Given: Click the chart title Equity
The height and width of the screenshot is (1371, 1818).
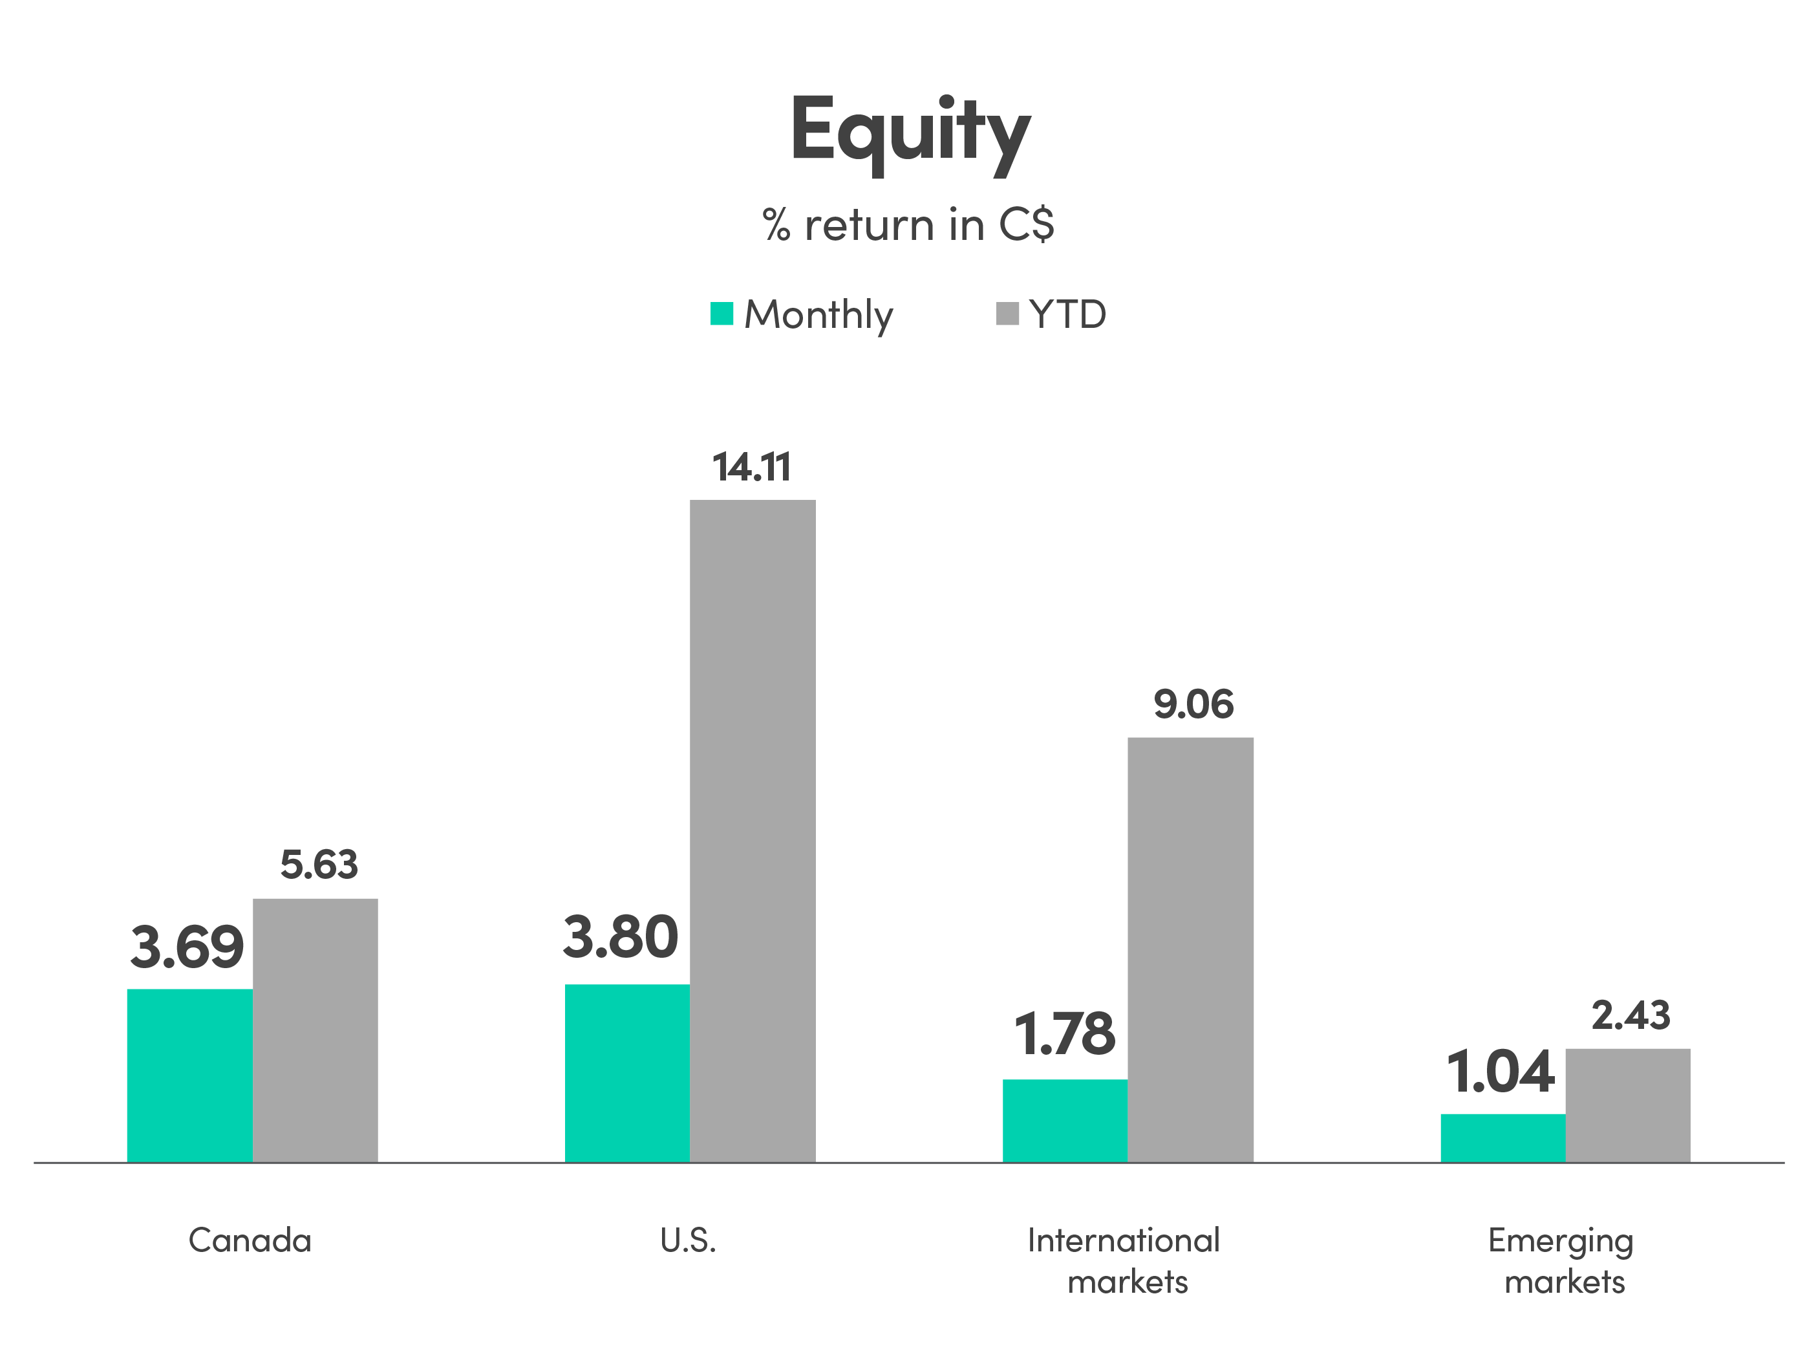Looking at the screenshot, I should pyautogui.click(x=910, y=131).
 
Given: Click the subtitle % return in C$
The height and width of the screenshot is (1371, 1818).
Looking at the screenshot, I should pyautogui.click(x=908, y=224).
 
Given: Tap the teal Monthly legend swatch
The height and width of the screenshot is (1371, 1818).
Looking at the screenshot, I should pyautogui.click(x=722, y=314).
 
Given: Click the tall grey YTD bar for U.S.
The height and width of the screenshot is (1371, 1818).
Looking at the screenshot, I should pyautogui.click(x=753, y=830).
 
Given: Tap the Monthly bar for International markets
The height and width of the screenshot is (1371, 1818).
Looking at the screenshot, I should pyautogui.click(x=1065, y=1119).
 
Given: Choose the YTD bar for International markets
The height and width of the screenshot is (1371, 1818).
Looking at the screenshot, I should pyautogui.click(x=1191, y=949).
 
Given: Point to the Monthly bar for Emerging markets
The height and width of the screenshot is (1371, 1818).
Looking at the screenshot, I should pyautogui.click(x=1503, y=1137).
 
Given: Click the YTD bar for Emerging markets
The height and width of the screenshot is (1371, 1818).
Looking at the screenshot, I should pyautogui.click(x=1628, y=1104).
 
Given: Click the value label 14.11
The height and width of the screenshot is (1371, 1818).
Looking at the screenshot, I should pyautogui.click(x=751, y=467).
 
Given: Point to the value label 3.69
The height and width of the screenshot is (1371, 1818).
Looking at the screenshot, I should pyautogui.click(x=187, y=947).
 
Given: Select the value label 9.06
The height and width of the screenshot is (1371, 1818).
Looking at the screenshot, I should pyautogui.click(x=1193, y=704).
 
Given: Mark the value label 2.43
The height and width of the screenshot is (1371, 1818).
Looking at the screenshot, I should pyautogui.click(x=1631, y=1015).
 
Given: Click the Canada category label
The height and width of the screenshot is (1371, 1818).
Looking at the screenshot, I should pyautogui.click(x=250, y=1240).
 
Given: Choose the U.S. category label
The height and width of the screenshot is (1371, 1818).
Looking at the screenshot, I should pyautogui.click(x=688, y=1240).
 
